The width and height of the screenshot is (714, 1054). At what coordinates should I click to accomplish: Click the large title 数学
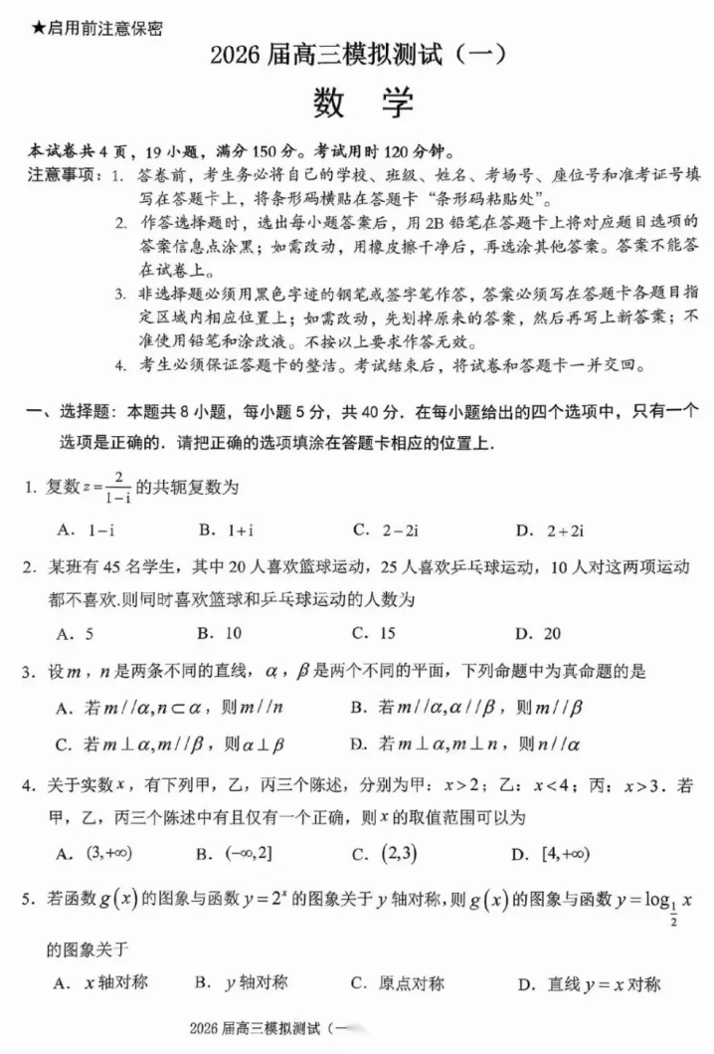point(359,103)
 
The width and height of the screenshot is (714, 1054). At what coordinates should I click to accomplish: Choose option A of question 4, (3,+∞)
point(94,853)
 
